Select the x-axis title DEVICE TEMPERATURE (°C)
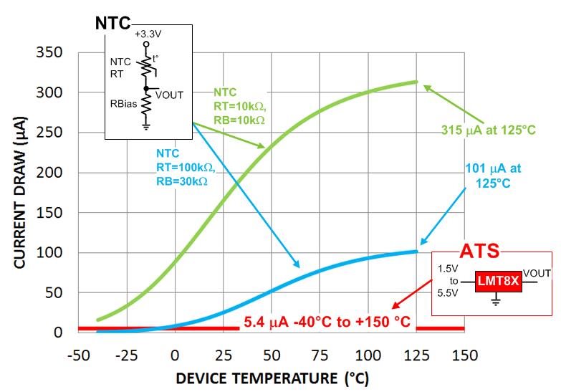273,378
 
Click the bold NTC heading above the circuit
113,23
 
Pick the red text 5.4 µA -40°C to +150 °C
327,322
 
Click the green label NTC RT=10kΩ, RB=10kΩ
239,106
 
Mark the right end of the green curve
417,82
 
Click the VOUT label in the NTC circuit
169,94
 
